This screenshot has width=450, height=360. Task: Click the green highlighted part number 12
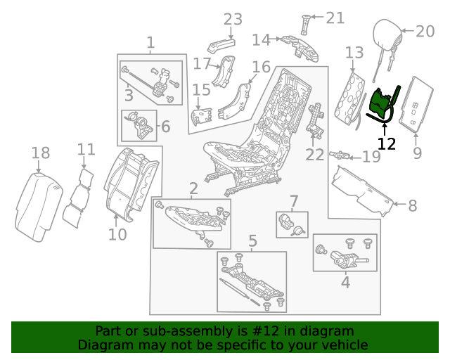[x=382, y=105]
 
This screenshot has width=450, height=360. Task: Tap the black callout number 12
[x=387, y=144]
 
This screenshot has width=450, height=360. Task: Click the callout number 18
[x=41, y=153]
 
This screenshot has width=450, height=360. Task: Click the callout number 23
[x=232, y=19]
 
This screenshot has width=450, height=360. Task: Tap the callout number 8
[x=412, y=206]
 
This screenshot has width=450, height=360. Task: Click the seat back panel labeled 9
[x=418, y=105]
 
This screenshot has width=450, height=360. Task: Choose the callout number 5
[x=252, y=242]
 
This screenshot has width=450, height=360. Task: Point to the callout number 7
[x=294, y=201]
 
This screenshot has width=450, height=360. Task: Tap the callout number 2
[x=193, y=188]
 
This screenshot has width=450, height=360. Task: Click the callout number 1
[x=150, y=44]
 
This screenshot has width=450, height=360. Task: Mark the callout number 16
[x=261, y=67]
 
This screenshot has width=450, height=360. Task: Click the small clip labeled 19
[x=340, y=154]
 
